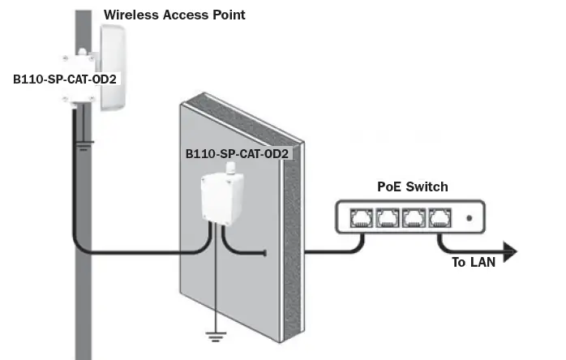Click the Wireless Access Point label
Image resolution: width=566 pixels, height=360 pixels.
point(174,15)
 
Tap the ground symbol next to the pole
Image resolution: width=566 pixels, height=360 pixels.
point(84,145)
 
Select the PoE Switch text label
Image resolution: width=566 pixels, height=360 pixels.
point(412,186)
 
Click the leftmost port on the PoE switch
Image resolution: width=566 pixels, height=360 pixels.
point(361,217)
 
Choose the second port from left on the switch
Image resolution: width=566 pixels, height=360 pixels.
point(388,217)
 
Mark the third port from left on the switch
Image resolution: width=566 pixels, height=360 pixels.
point(415,217)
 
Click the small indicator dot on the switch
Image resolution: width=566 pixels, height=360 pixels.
point(470,218)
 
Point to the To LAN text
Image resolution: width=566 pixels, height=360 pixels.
point(473,262)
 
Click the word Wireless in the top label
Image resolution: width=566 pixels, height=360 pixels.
point(130,15)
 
